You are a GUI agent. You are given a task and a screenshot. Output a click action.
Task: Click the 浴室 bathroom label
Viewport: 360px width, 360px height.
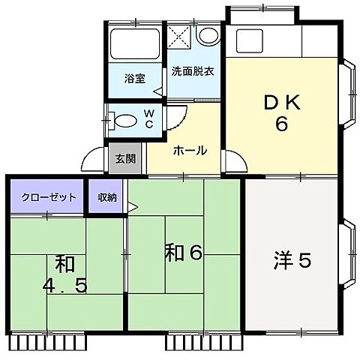click(134, 76)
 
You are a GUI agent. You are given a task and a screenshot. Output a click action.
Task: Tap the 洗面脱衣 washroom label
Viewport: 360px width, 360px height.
click(193, 73)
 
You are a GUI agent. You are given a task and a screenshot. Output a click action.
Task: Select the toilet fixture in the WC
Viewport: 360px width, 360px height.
click(123, 118)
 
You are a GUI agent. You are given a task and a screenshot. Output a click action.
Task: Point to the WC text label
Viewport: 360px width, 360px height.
click(148, 118)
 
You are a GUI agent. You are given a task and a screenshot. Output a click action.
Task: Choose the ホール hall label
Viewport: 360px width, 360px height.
click(190, 150)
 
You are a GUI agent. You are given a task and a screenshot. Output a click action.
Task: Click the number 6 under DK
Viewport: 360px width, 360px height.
click(281, 124)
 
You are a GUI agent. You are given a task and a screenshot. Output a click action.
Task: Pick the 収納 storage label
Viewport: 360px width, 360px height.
click(106, 197)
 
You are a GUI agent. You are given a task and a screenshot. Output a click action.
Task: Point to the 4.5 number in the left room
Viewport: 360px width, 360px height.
click(66, 286)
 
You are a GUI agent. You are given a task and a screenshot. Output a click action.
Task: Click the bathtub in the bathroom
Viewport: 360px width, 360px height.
click(136, 46)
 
